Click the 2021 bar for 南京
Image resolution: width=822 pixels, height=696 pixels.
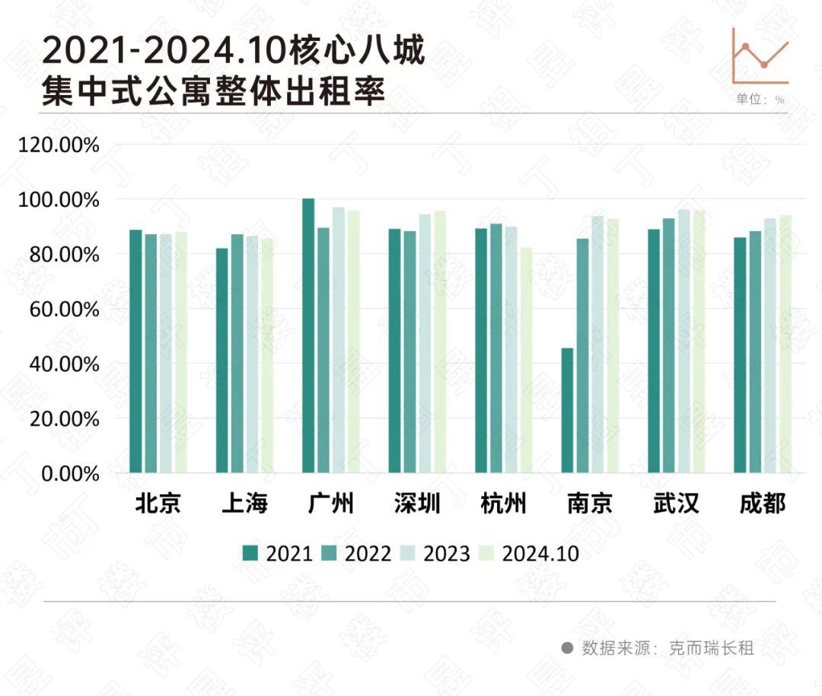point(567,411)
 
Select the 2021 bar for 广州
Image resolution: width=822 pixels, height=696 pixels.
point(308,335)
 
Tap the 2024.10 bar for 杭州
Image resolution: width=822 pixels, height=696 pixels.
point(526,360)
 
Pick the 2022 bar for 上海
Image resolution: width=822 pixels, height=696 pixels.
point(237,354)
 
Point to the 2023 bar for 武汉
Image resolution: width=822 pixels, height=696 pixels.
point(684,342)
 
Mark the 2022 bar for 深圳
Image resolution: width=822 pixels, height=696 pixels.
point(409,352)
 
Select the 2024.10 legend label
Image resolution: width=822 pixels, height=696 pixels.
point(540,554)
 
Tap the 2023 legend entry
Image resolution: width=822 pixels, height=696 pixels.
point(438,554)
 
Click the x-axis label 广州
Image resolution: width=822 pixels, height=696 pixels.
point(331,504)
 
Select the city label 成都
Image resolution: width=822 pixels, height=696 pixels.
point(763,504)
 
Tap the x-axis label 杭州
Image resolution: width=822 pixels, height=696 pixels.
point(504,504)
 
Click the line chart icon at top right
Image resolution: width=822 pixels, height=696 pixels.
point(760,56)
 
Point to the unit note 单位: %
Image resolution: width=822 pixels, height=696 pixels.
point(760,100)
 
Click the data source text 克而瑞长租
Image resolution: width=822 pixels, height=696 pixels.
point(711,648)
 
